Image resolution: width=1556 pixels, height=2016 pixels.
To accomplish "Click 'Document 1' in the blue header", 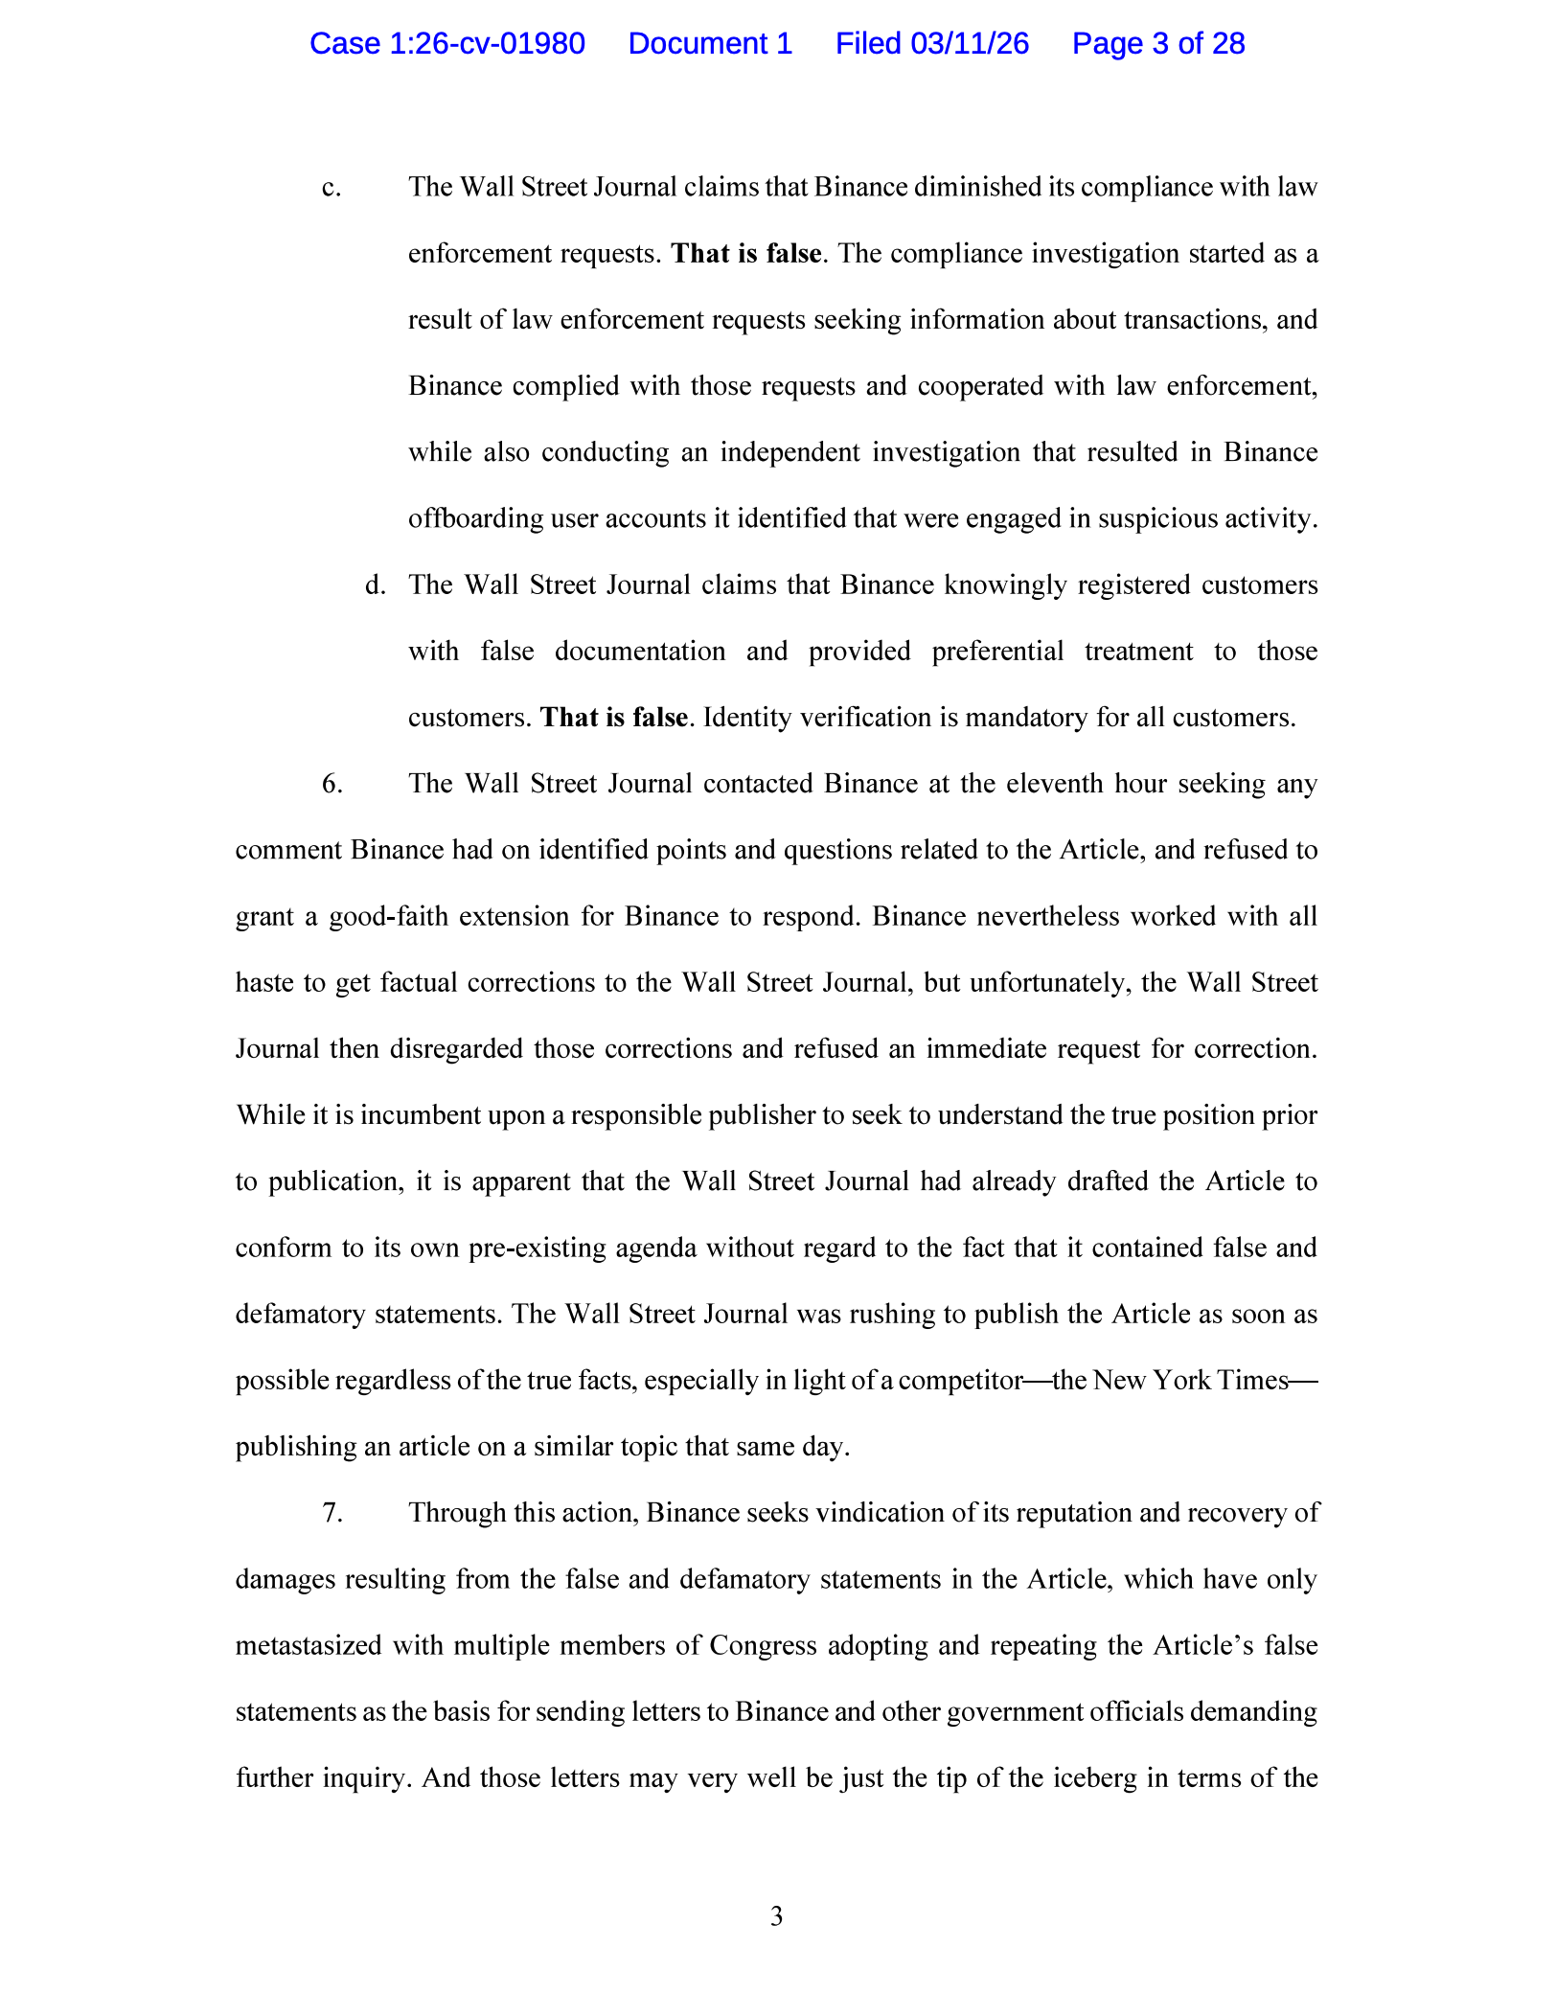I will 710,44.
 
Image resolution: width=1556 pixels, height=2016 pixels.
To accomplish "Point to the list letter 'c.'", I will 332,188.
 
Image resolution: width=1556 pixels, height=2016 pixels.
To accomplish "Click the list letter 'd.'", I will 375,585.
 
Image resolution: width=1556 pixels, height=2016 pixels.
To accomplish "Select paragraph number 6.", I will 332,785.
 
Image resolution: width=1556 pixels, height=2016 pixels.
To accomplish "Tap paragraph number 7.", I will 332,1513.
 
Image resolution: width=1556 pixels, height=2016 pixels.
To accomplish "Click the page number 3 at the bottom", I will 776,1916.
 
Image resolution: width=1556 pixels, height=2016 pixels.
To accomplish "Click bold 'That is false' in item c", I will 746,254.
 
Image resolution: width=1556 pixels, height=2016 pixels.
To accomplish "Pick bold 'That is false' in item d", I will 614,718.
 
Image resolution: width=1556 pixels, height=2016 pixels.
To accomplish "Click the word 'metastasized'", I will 313,1646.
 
